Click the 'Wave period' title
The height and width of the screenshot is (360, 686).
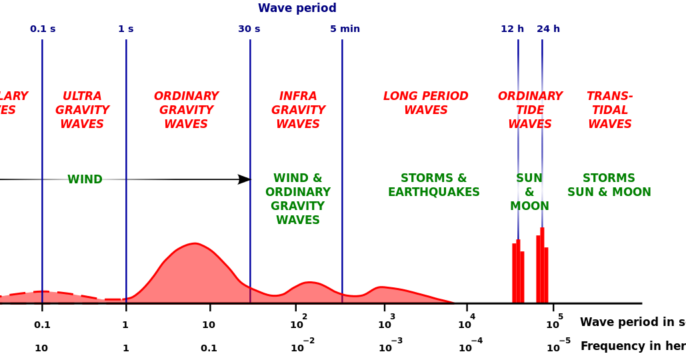pyautogui.click(x=297, y=8)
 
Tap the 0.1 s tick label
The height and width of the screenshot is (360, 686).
pyautogui.click(x=43, y=29)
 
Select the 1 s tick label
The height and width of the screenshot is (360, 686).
pyautogui.click(x=125, y=29)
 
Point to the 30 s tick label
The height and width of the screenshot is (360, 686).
pyautogui.click(x=249, y=29)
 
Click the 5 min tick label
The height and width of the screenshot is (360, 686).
pyautogui.click(x=345, y=29)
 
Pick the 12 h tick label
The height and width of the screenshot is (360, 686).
pyautogui.click(x=512, y=29)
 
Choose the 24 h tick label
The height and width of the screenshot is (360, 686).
pyautogui.click(x=548, y=29)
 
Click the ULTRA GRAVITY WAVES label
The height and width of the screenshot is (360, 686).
pyautogui.click(x=82, y=110)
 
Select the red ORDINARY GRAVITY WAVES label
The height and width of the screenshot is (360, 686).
pyautogui.click(x=186, y=110)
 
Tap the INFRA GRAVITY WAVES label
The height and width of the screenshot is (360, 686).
pyautogui.click(x=298, y=110)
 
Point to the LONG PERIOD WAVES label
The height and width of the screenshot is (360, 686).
pyautogui.click(x=425, y=103)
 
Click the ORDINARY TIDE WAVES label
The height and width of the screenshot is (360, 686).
pyautogui.click(x=530, y=110)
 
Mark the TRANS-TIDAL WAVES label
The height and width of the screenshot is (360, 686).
pyautogui.click(x=609, y=110)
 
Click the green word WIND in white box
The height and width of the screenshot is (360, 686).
pyautogui.click(x=85, y=180)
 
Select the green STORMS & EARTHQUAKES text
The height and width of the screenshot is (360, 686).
pyautogui.click(x=433, y=185)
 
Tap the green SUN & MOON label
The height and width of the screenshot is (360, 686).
pyautogui.click(x=529, y=192)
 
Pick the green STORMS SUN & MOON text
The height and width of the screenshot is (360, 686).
pyautogui.click(x=609, y=185)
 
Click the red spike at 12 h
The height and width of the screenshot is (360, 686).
pyautogui.click(x=518, y=273)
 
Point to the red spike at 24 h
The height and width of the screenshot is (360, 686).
pyautogui.click(x=542, y=270)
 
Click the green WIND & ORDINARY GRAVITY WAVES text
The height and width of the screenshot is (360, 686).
pyautogui.click(x=298, y=199)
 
